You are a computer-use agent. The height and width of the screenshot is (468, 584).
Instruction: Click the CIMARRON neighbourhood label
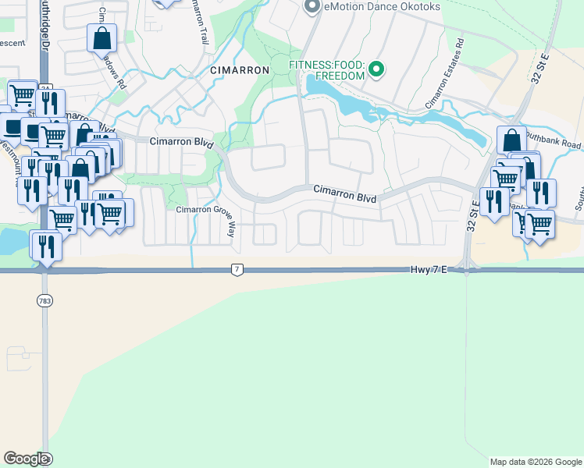click(240, 70)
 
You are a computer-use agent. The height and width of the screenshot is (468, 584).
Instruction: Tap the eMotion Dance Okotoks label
click(382, 7)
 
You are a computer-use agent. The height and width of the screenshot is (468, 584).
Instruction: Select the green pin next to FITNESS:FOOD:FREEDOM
click(376, 70)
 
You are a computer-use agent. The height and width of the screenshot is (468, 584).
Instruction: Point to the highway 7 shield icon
click(237, 269)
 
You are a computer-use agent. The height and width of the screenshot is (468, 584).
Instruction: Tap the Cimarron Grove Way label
click(206, 211)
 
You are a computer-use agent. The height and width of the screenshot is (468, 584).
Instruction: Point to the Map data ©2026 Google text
click(536, 462)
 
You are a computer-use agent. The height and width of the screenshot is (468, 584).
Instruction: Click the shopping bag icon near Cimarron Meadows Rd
click(101, 37)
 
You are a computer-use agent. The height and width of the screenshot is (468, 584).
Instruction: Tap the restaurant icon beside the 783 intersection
click(46, 246)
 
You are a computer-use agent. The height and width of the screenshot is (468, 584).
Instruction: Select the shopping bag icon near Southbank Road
click(511, 140)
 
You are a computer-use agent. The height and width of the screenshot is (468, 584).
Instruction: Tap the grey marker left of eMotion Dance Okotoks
click(313, 7)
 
